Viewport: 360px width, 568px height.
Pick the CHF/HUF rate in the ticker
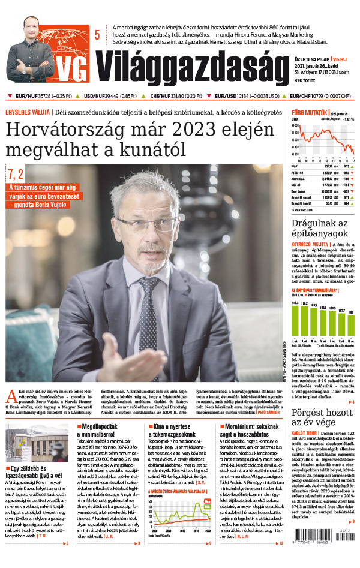(x=167, y=95)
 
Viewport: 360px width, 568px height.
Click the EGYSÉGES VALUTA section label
(x=28, y=112)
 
